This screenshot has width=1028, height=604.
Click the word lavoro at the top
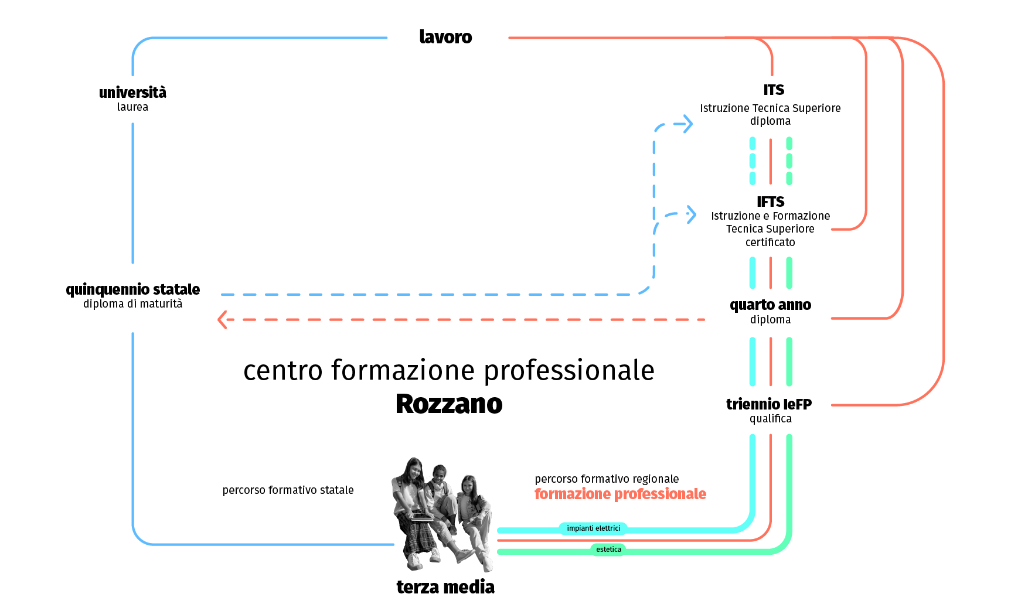point(445,37)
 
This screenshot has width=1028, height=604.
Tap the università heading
point(132,93)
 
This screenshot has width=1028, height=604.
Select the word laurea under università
point(132,107)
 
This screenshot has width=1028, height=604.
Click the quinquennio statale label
point(133,289)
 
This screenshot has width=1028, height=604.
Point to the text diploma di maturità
point(133,304)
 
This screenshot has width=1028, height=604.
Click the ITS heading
point(774,90)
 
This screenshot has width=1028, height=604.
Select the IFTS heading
point(770,202)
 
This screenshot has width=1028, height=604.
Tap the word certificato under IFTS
point(770,243)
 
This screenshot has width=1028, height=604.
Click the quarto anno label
point(770,305)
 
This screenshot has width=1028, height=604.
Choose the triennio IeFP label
point(769,404)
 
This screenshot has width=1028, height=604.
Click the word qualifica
point(770,419)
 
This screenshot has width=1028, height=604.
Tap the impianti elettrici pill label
point(593,528)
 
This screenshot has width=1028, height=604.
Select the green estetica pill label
point(608,550)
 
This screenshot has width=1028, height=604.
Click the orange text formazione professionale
point(620,494)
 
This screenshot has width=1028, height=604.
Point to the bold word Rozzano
point(449,404)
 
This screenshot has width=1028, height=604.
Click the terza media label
point(445,587)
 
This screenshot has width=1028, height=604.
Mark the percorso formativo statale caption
point(288,490)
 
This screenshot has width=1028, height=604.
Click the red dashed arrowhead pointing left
point(222,320)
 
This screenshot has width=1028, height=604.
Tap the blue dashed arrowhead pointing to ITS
point(686,124)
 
